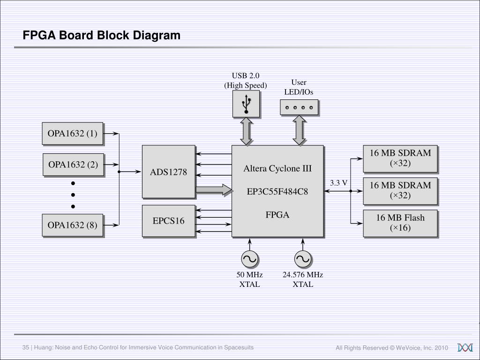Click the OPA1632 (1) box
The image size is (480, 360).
click(x=72, y=134)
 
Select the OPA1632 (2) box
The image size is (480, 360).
click(x=73, y=165)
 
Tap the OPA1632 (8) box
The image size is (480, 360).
click(x=72, y=225)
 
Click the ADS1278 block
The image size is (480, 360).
click(x=168, y=172)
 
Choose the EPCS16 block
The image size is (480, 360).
click(x=168, y=221)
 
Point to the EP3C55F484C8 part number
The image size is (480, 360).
click(x=277, y=191)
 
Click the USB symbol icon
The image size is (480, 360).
click(x=246, y=104)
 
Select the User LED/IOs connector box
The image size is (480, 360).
click(x=299, y=107)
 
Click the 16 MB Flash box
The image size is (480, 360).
click(x=400, y=223)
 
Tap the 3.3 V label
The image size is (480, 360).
click(x=338, y=183)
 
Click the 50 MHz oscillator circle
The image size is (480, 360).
click(x=249, y=259)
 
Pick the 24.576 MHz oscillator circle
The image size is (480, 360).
click(x=303, y=259)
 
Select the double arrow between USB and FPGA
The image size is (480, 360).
click(x=246, y=131)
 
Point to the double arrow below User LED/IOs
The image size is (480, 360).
click(x=299, y=130)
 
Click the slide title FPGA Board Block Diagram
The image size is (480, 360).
click(x=102, y=36)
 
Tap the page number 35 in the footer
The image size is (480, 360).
click(x=26, y=347)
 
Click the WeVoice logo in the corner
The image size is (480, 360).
click(x=465, y=347)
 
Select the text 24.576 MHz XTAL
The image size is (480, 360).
click(x=303, y=279)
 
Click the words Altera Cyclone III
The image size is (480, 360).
click(x=277, y=168)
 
